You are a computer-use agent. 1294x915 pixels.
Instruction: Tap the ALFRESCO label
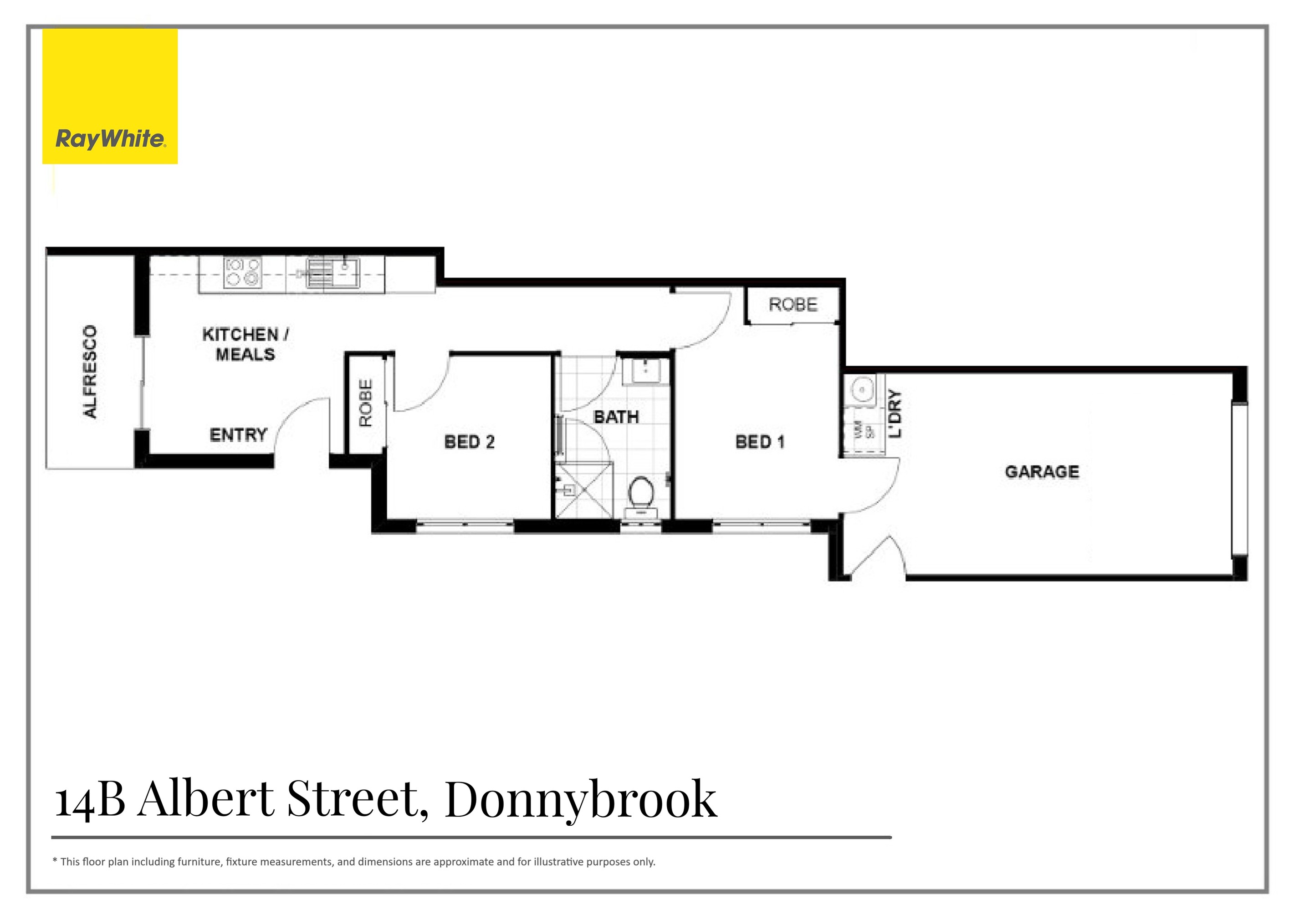(x=90, y=372)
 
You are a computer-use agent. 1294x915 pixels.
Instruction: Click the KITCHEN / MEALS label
(x=245, y=344)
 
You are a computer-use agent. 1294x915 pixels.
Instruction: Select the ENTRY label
(x=238, y=435)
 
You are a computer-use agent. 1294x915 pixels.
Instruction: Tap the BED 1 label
(x=759, y=442)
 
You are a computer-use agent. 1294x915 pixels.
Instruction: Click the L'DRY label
(x=895, y=414)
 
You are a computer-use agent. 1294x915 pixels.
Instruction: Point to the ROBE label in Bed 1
(x=793, y=305)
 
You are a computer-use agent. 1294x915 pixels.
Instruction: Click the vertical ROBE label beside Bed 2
(x=366, y=403)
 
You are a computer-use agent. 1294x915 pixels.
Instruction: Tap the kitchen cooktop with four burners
(x=243, y=272)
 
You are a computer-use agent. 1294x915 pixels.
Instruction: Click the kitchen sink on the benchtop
(x=332, y=272)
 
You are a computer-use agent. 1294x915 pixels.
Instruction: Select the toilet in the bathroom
(x=641, y=496)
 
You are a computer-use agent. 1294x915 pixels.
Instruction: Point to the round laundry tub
(x=862, y=389)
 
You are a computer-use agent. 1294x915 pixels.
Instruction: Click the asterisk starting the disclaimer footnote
(x=55, y=861)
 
